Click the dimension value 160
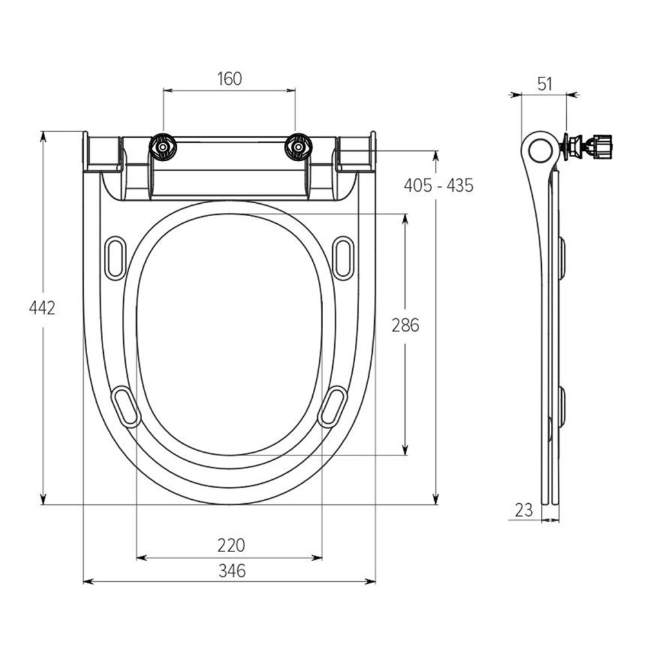click(x=230, y=79)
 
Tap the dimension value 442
click(x=42, y=308)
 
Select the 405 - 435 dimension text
click(x=439, y=186)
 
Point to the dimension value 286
click(x=405, y=325)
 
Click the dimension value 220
click(x=231, y=546)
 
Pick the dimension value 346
click(x=232, y=571)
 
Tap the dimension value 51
click(x=544, y=84)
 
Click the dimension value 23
click(x=524, y=510)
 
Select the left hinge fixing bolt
click(x=163, y=147)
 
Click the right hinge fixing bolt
click(x=299, y=147)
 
